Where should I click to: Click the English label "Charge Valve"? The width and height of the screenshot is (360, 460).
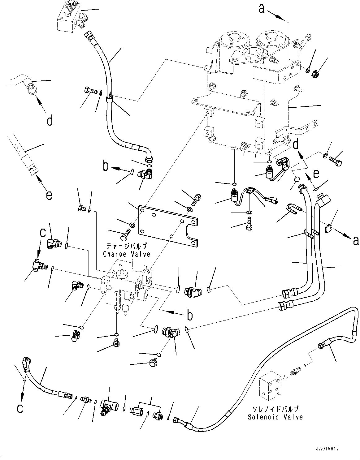[x=127, y=254]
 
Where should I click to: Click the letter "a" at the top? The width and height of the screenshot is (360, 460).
[x=262, y=9]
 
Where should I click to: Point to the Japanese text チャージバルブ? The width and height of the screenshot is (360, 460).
[x=127, y=246]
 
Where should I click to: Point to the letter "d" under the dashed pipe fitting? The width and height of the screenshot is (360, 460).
[x=50, y=121]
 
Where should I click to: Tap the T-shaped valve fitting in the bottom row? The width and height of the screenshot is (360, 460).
[x=108, y=408]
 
